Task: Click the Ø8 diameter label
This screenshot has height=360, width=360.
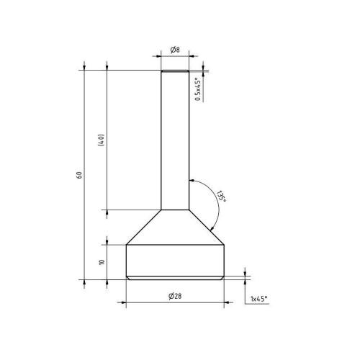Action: pyautogui.click(x=175, y=50)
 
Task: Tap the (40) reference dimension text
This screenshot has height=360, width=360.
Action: pyautogui.click(x=103, y=140)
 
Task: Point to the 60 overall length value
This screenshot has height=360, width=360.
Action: pyautogui.click(x=79, y=174)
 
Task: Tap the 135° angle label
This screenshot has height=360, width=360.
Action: pyautogui.click(x=221, y=197)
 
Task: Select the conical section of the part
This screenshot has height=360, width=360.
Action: pyautogui.click(x=175, y=229)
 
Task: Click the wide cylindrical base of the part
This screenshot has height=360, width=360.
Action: pyautogui.click(x=175, y=261)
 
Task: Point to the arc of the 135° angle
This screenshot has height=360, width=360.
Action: pyautogui.click(x=214, y=209)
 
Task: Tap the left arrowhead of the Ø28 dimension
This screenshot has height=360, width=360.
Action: pyautogui.click(x=129, y=302)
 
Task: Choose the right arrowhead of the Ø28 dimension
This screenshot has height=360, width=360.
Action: pyautogui.click(x=221, y=302)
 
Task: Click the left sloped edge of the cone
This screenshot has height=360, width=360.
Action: pyautogui.click(x=143, y=228)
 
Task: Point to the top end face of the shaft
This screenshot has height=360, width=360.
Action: pyautogui.click(x=175, y=70)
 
